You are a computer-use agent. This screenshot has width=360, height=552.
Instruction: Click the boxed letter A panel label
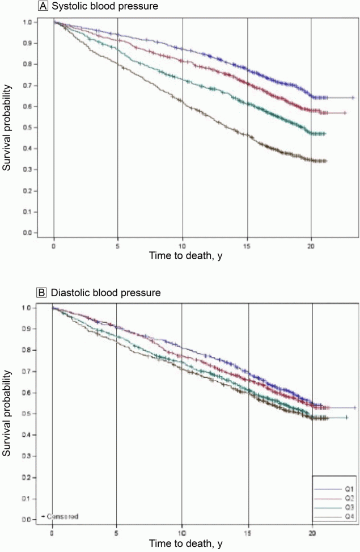tap(41, 7)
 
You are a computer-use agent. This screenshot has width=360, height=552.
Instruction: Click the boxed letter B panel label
tap(41, 293)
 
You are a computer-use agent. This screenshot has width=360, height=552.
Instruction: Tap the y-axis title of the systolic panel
tap(7, 128)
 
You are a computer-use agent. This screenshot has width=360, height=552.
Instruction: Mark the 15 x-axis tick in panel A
tap(247, 246)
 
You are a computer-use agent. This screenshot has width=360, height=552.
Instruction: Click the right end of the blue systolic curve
tap(353, 98)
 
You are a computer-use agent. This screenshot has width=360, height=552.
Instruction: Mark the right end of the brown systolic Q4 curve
tap(327, 161)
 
